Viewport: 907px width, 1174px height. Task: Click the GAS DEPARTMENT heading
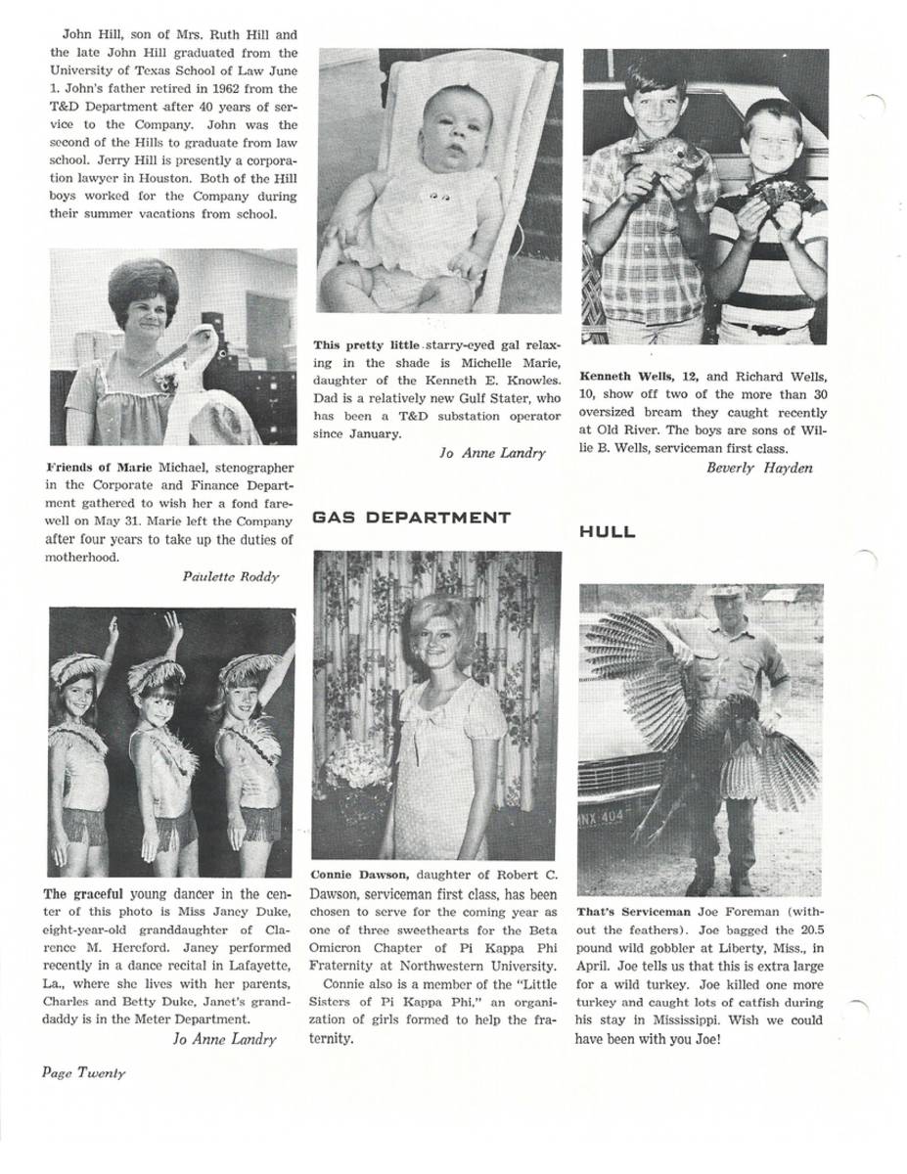coord(411,518)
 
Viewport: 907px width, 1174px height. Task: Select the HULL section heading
coord(607,532)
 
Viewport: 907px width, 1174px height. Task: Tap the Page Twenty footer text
coord(83,1071)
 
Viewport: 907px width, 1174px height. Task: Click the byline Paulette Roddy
coord(230,576)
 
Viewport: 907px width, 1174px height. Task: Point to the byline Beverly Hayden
coord(759,468)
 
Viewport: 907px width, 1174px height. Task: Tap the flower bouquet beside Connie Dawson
coord(357,766)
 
